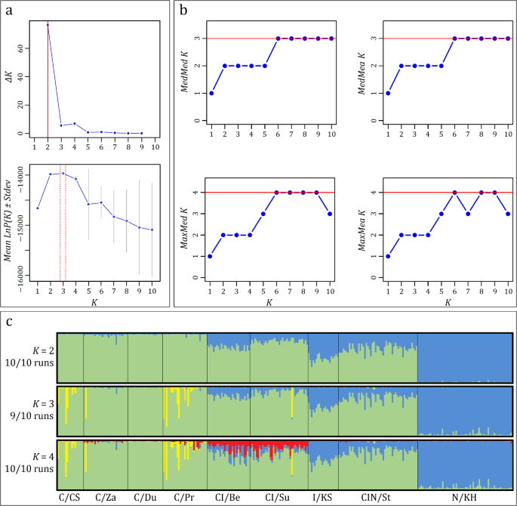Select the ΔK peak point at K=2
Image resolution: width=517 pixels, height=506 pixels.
click(x=48, y=25)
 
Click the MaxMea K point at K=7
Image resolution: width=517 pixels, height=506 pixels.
click(x=468, y=214)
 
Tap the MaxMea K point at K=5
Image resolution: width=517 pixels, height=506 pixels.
click(x=441, y=214)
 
